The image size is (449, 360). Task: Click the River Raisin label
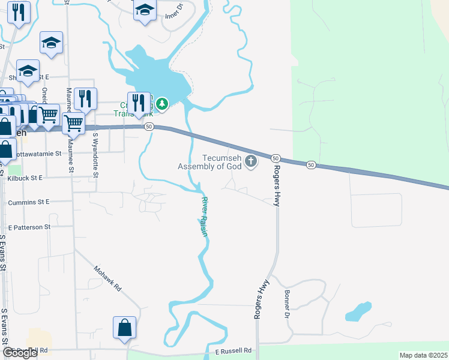pyautogui.click(x=204, y=217)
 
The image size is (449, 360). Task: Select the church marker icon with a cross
pyautogui.click(x=251, y=161)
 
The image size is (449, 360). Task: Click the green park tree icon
pyautogui.click(x=161, y=105)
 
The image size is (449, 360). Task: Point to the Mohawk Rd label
pyautogui.click(x=107, y=278)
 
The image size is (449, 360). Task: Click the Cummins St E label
pyautogui.click(x=29, y=203)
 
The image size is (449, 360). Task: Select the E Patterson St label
pyautogui.click(x=29, y=227)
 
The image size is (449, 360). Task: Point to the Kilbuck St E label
pyautogui.click(x=25, y=178)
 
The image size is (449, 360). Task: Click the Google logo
pyautogui.click(x=20, y=353)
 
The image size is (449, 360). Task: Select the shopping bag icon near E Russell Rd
pyautogui.click(x=124, y=328)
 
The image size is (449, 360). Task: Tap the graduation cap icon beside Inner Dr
pyautogui.click(x=145, y=10)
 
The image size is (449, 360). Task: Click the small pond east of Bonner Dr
pyautogui.click(x=357, y=312)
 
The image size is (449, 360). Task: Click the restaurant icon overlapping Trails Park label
pyautogui.click(x=139, y=103)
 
